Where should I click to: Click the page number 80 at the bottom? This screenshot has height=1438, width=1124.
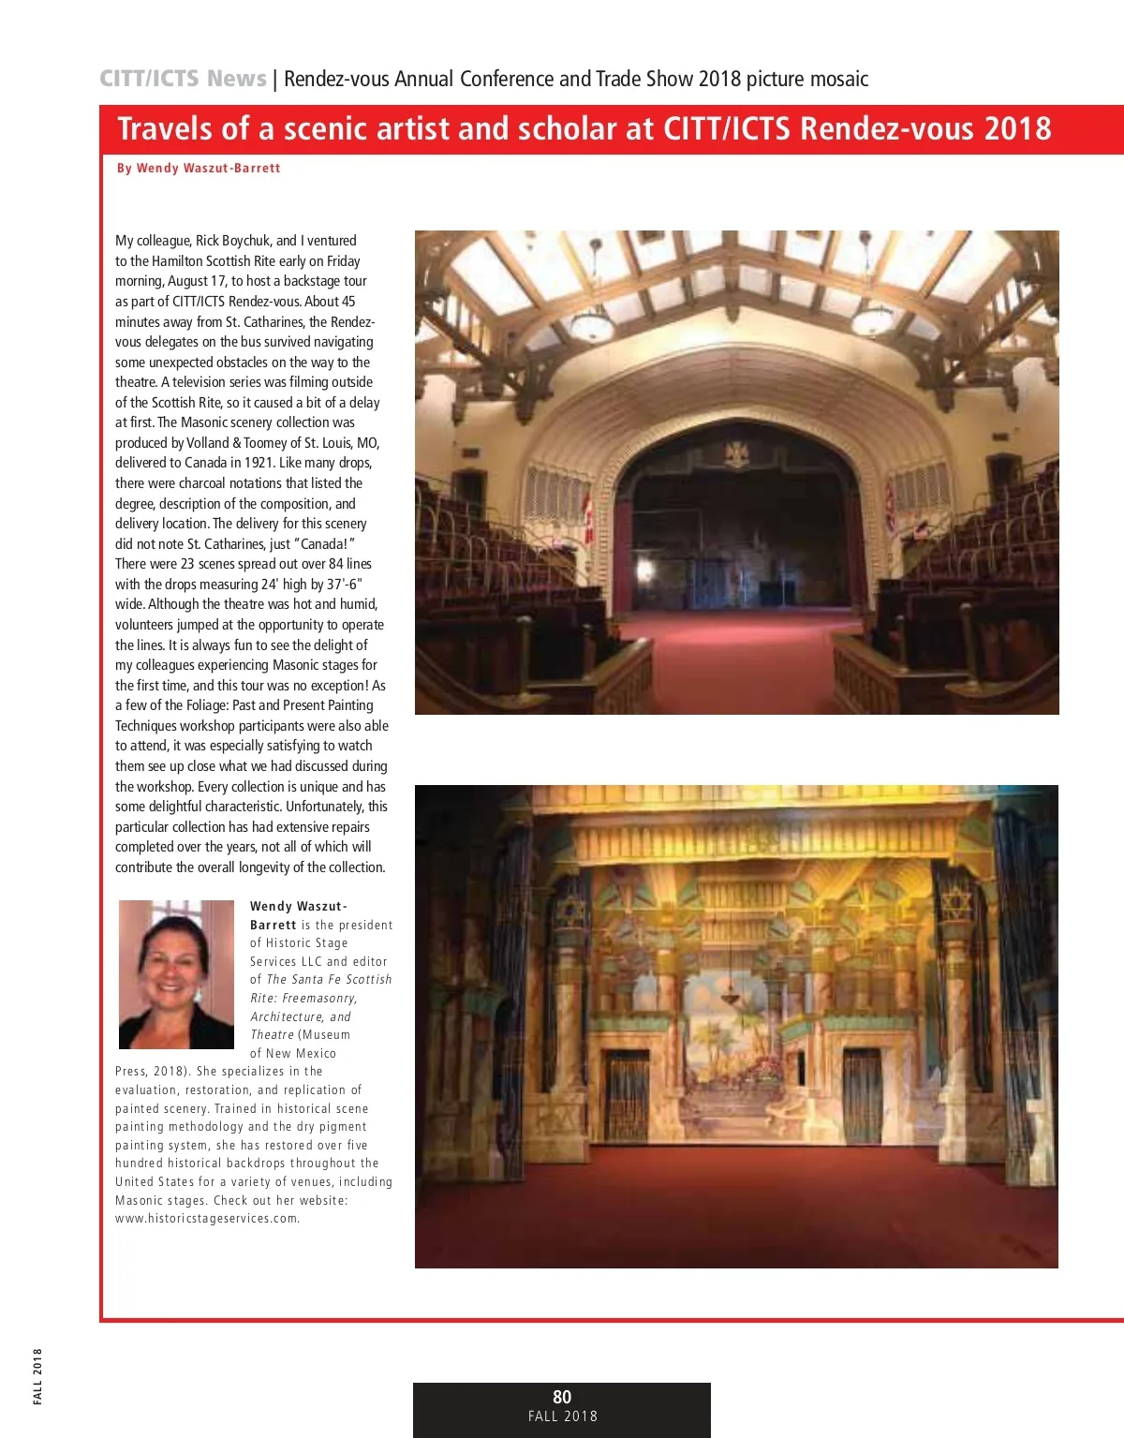coord(562,1396)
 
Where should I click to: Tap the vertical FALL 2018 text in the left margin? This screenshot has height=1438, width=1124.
coord(37,1376)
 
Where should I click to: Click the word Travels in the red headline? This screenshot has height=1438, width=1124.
coord(165,128)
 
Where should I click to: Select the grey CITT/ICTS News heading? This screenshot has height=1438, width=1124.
coord(183,79)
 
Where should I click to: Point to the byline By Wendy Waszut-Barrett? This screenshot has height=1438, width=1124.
coord(199,169)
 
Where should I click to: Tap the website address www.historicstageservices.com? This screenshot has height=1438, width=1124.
coord(207,1219)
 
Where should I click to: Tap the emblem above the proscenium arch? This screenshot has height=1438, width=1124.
coord(736,454)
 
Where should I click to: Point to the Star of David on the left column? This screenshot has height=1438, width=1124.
coord(570,912)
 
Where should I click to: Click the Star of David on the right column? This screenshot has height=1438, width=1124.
coord(954,904)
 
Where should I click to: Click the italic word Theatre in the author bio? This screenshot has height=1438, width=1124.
coord(272,1035)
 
